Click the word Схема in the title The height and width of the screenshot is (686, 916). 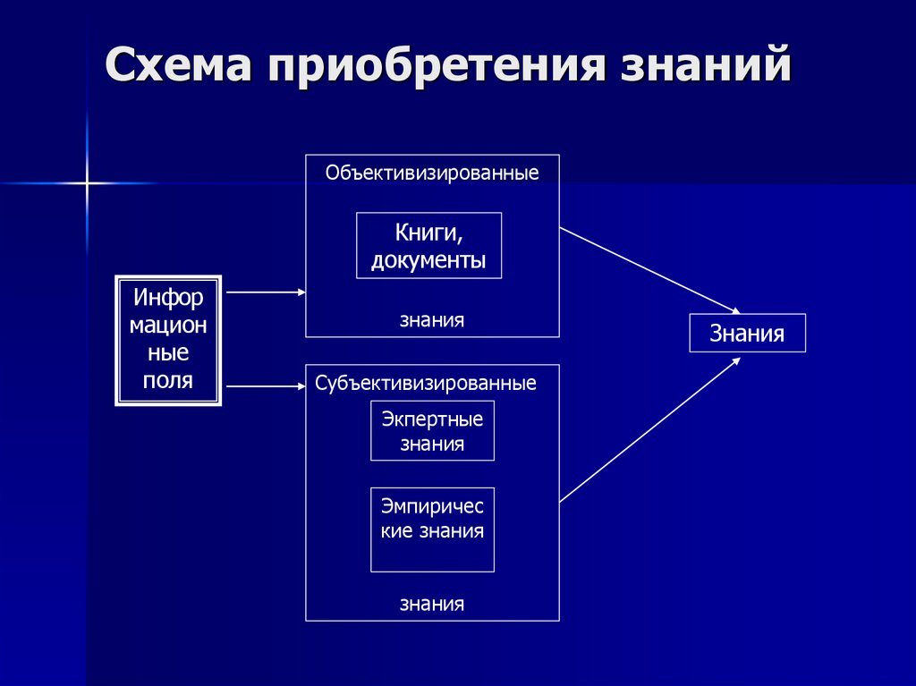[179, 67]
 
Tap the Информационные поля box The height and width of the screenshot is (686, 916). [168, 340]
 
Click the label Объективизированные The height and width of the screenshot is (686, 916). [432, 173]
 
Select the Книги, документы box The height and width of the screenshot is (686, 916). [428, 245]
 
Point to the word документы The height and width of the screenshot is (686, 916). [428, 260]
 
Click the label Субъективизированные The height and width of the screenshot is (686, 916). [426, 384]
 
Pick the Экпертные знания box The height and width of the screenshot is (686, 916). [432, 430]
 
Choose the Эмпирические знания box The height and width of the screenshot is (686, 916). [432, 529]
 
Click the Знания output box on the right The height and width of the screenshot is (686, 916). [747, 334]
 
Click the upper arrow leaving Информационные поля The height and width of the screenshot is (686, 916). [266, 292]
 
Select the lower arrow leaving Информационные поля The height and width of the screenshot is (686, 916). [266, 386]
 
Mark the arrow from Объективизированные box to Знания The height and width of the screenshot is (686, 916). [649, 270]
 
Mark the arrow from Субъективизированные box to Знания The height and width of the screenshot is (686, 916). [649, 428]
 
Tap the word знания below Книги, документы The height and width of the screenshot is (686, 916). [432, 319]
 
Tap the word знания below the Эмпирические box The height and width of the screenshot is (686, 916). [432, 603]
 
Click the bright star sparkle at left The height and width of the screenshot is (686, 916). [87, 183]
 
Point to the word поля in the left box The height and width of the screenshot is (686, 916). [168, 380]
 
